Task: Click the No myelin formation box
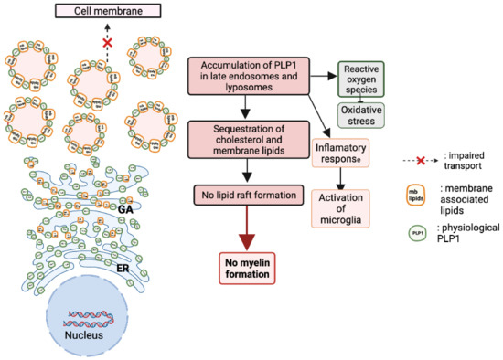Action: click(x=242, y=269)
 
